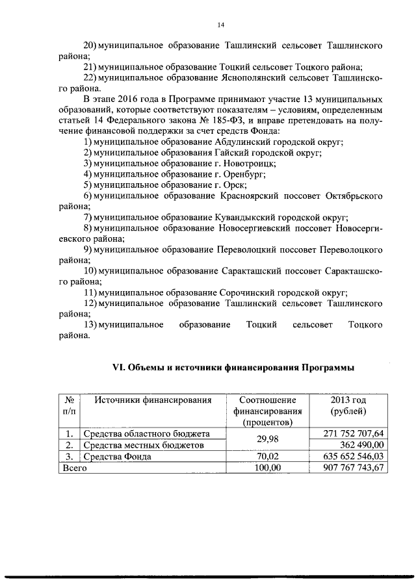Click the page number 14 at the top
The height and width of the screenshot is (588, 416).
coord(220,25)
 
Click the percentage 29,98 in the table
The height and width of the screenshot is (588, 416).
coord(267,439)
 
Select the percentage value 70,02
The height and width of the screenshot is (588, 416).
coord(267,456)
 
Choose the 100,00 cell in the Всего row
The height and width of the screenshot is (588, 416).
coord(267,468)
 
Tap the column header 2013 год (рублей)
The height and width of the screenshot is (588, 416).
coord(348,405)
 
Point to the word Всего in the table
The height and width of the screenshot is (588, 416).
coord(73,468)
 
